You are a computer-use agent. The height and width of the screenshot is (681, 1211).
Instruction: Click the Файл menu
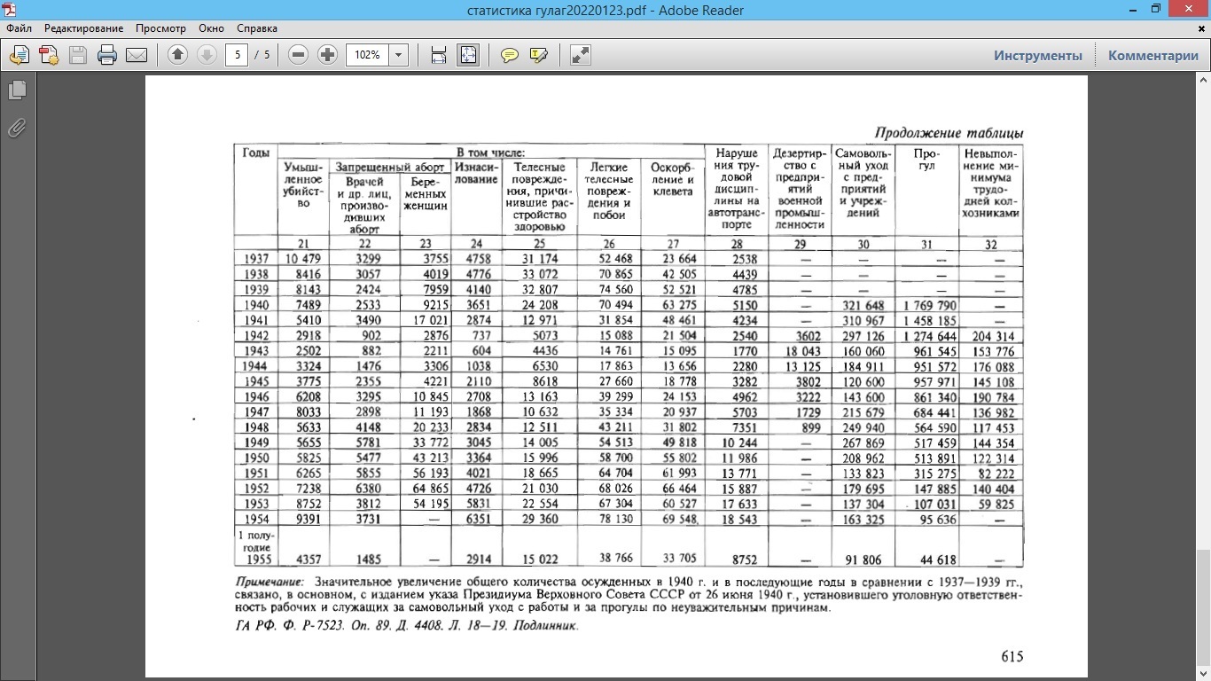coord(19,28)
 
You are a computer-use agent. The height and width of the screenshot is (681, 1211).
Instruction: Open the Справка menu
coord(258,28)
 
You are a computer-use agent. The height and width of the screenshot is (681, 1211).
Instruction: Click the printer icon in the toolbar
coord(107,55)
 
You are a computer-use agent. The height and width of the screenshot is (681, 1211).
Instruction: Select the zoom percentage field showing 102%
coord(367,55)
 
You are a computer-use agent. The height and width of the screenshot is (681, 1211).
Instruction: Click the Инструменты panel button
coord(1037,55)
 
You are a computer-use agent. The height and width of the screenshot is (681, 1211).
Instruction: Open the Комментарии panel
coord(1152,55)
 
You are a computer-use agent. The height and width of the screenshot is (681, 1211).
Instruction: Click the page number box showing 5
coord(237,55)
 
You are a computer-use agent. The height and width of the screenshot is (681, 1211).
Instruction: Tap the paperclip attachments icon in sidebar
coord(17,129)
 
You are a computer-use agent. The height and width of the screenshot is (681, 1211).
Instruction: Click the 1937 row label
coord(255,259)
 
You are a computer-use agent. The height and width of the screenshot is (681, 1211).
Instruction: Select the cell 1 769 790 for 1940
coord(929,305)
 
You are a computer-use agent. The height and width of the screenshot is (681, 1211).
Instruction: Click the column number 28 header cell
coord(736,244)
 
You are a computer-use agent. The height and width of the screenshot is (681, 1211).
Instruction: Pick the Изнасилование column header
coord(477,173)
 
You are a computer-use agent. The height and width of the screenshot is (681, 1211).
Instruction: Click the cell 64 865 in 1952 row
coord(426,489)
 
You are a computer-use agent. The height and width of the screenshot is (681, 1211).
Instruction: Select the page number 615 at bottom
coord(1012,656)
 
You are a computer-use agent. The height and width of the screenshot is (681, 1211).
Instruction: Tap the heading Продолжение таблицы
coord(949,133)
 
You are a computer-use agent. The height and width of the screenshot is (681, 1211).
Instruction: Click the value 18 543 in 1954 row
coord(736,519)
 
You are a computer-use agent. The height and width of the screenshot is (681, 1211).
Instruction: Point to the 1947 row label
coord(255,412)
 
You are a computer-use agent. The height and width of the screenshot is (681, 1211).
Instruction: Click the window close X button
coord(1190,9)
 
